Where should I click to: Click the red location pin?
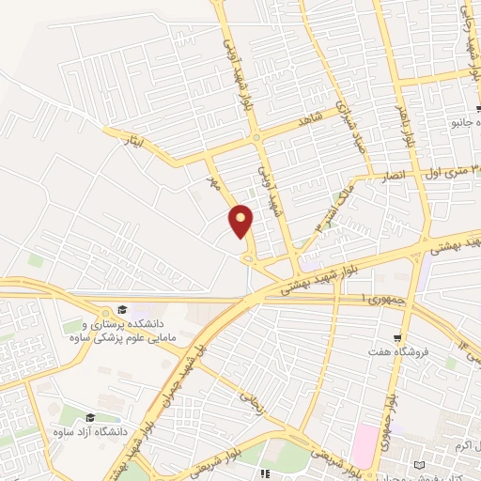click(x=241, y=220)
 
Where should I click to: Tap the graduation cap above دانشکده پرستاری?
click(x=123, y=310)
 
